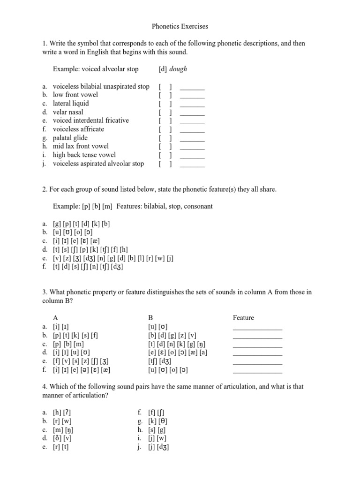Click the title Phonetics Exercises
[x=180, y=26]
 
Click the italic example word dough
[x=178, y=69]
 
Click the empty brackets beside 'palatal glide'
[x=165, y=138]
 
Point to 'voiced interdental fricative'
[x=90, y=120]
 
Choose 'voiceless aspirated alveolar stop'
[x=98, y=164]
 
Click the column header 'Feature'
[x=243, y=318]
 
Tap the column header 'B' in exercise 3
[x=150, y=318]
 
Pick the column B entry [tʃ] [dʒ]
[x=159, y=361]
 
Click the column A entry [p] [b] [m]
[x=69, y=344]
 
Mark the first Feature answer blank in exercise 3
[x=257, y=328]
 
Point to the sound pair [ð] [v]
[x=62, y=438]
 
